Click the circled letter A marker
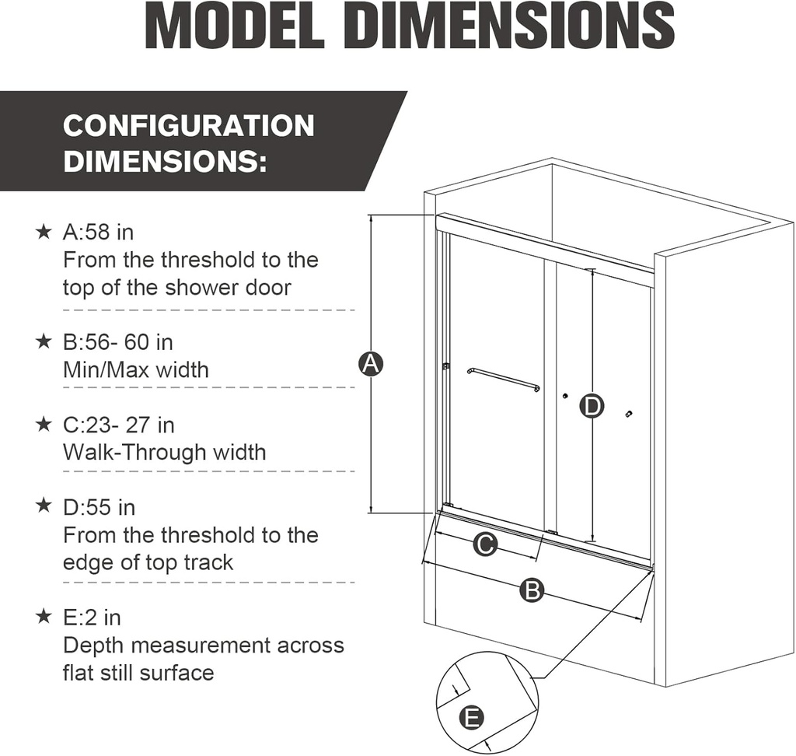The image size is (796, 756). click(x=372, y=363)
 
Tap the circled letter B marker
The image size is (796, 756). click(x=532, y=590)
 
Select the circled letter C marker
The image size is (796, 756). click(x=485, y=545)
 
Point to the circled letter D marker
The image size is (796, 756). click(x=592, y=405)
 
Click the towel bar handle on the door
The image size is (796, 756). click(x=503, y=379)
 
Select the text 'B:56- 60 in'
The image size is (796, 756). click(x=118, y=342)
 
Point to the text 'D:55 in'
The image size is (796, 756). click(x=99, y=508)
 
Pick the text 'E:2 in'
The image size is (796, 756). click(x=92, y=618)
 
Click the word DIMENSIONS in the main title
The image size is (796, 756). click(x=508, y=27)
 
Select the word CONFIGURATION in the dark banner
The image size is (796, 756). click(x=189, y=126)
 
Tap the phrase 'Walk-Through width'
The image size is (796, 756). click(x=164, y=453)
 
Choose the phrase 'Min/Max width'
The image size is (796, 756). click(x=136, y=369)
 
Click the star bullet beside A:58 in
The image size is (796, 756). click(x=44, y=232)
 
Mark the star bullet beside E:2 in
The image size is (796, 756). click(x=44, y=618)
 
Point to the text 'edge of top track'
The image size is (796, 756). click(x=148, y=562)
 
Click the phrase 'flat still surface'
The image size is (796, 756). click(x=138, y=673)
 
